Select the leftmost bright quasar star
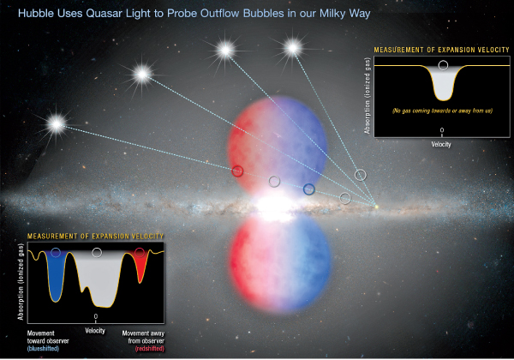57,124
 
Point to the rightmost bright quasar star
293,48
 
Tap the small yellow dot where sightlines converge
376,207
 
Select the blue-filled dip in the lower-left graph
56,275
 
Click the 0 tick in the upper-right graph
442,130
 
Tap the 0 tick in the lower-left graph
96,317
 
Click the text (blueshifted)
44,349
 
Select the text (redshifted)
149,349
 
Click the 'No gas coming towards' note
442,111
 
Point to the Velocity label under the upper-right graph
441,144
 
